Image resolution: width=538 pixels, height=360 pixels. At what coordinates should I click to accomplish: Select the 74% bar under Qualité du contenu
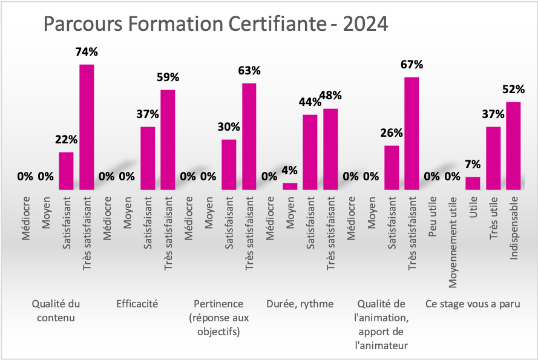pyautogui.click(x=87, y=126)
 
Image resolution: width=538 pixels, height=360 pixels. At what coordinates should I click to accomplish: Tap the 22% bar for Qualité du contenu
pyautogui.click(x=66, y=171)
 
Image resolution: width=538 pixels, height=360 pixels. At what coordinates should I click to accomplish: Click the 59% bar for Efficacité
pyautogui.click(x=168, y=139)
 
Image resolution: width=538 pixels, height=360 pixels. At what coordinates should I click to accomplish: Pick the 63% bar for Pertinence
pyautogui.click(x=249, y=136)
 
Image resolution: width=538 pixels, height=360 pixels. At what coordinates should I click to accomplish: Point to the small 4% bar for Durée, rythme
pyautogui.click(x=290, y=186)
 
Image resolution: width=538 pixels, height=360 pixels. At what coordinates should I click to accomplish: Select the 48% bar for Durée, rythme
pyautogui.click(x=330, y=149)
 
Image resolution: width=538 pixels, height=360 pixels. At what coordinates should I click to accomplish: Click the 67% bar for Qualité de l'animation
pyautogui.click(x=412, y=133)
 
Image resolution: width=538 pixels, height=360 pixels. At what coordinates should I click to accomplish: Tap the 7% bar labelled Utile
pyautogui.click(x=473, y=183)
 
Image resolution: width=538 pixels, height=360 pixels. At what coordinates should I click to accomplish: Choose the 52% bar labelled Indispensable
pyautogui.click(x=513, y=145)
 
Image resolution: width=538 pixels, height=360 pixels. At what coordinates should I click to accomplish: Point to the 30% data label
pyautogui.click(x=229, y=127)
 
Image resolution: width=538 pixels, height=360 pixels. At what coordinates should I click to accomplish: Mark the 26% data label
pyautogui.click(x=392, y=133)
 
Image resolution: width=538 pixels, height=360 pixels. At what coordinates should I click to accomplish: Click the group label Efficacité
pyautogui.click(x=137, y=304)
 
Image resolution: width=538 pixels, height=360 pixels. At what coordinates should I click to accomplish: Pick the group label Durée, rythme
pyautogui.click(x=300, y=304)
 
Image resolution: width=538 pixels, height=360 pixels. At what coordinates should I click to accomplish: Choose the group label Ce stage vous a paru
pyautogui.click(x=473, y=304)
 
